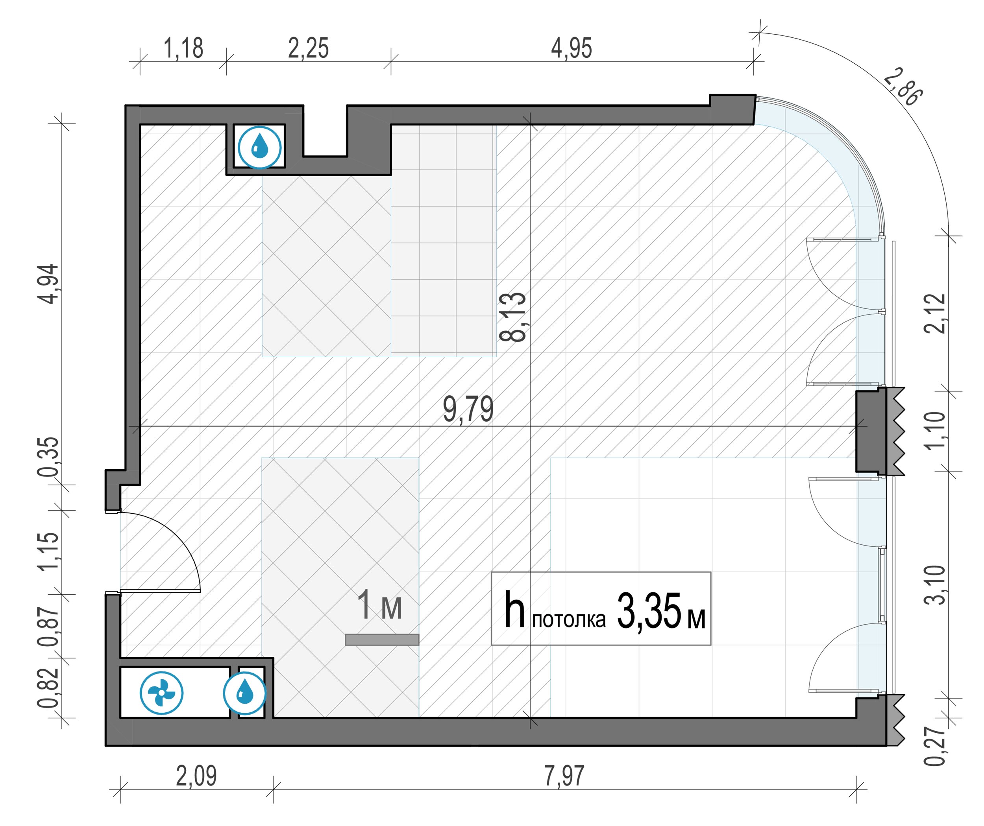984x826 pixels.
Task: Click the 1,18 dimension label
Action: [x=183, y=49]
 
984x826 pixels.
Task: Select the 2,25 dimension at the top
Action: [x=308, y=49]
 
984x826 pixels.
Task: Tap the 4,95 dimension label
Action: [x=571, y=49]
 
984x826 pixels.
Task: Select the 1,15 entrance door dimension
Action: [x=49, y=551]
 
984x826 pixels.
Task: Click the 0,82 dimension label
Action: [x=49, y=688]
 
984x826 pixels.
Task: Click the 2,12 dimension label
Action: [x=935, y=313]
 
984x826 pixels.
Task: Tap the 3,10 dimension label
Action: [x=935, y=585]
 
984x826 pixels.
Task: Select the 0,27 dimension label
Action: [x=935, y=747]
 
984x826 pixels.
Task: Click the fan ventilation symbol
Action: [x=162, y=693]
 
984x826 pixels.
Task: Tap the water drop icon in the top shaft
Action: [x=260, y=147]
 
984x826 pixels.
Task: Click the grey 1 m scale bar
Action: [x=382, y=640]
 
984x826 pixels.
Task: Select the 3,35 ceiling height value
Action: [x=649, y=612]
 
